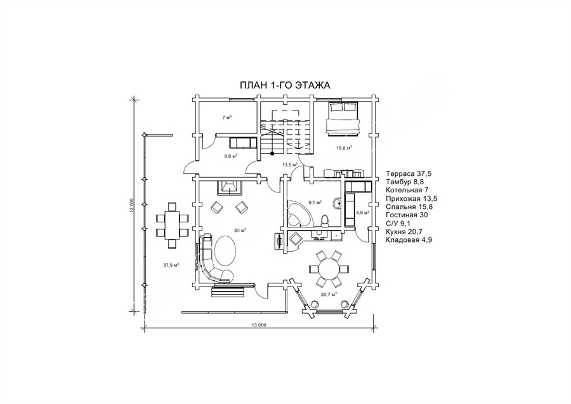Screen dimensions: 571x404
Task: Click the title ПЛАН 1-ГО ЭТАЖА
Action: pyautogui.click(x=285, y=85)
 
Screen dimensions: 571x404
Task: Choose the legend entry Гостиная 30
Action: pyautogui.click(x=407, y=215)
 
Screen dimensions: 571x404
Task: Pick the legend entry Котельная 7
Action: pyautogui.click(x=407, y=190)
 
